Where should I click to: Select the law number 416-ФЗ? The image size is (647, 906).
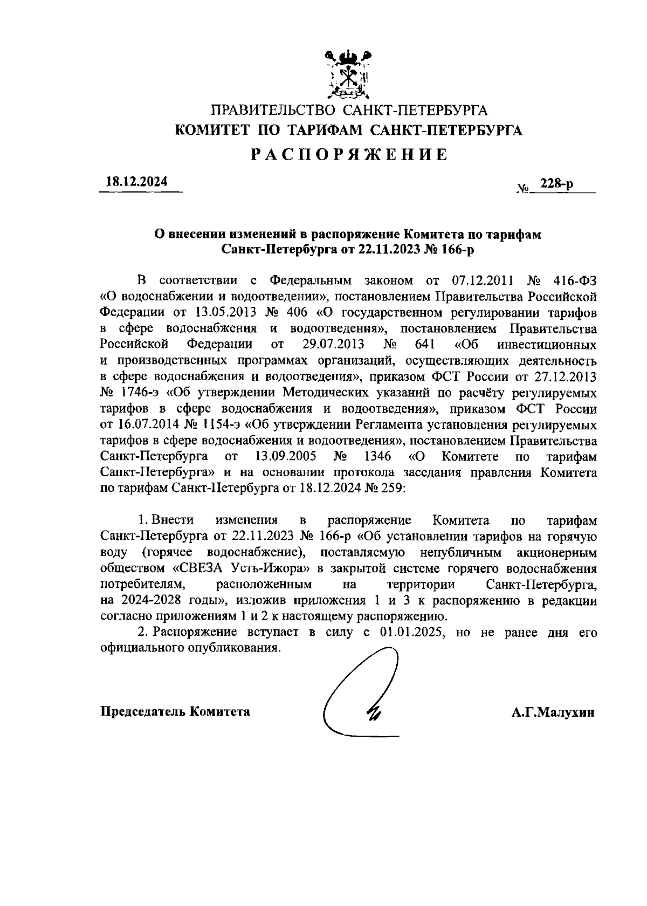[575, 281]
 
